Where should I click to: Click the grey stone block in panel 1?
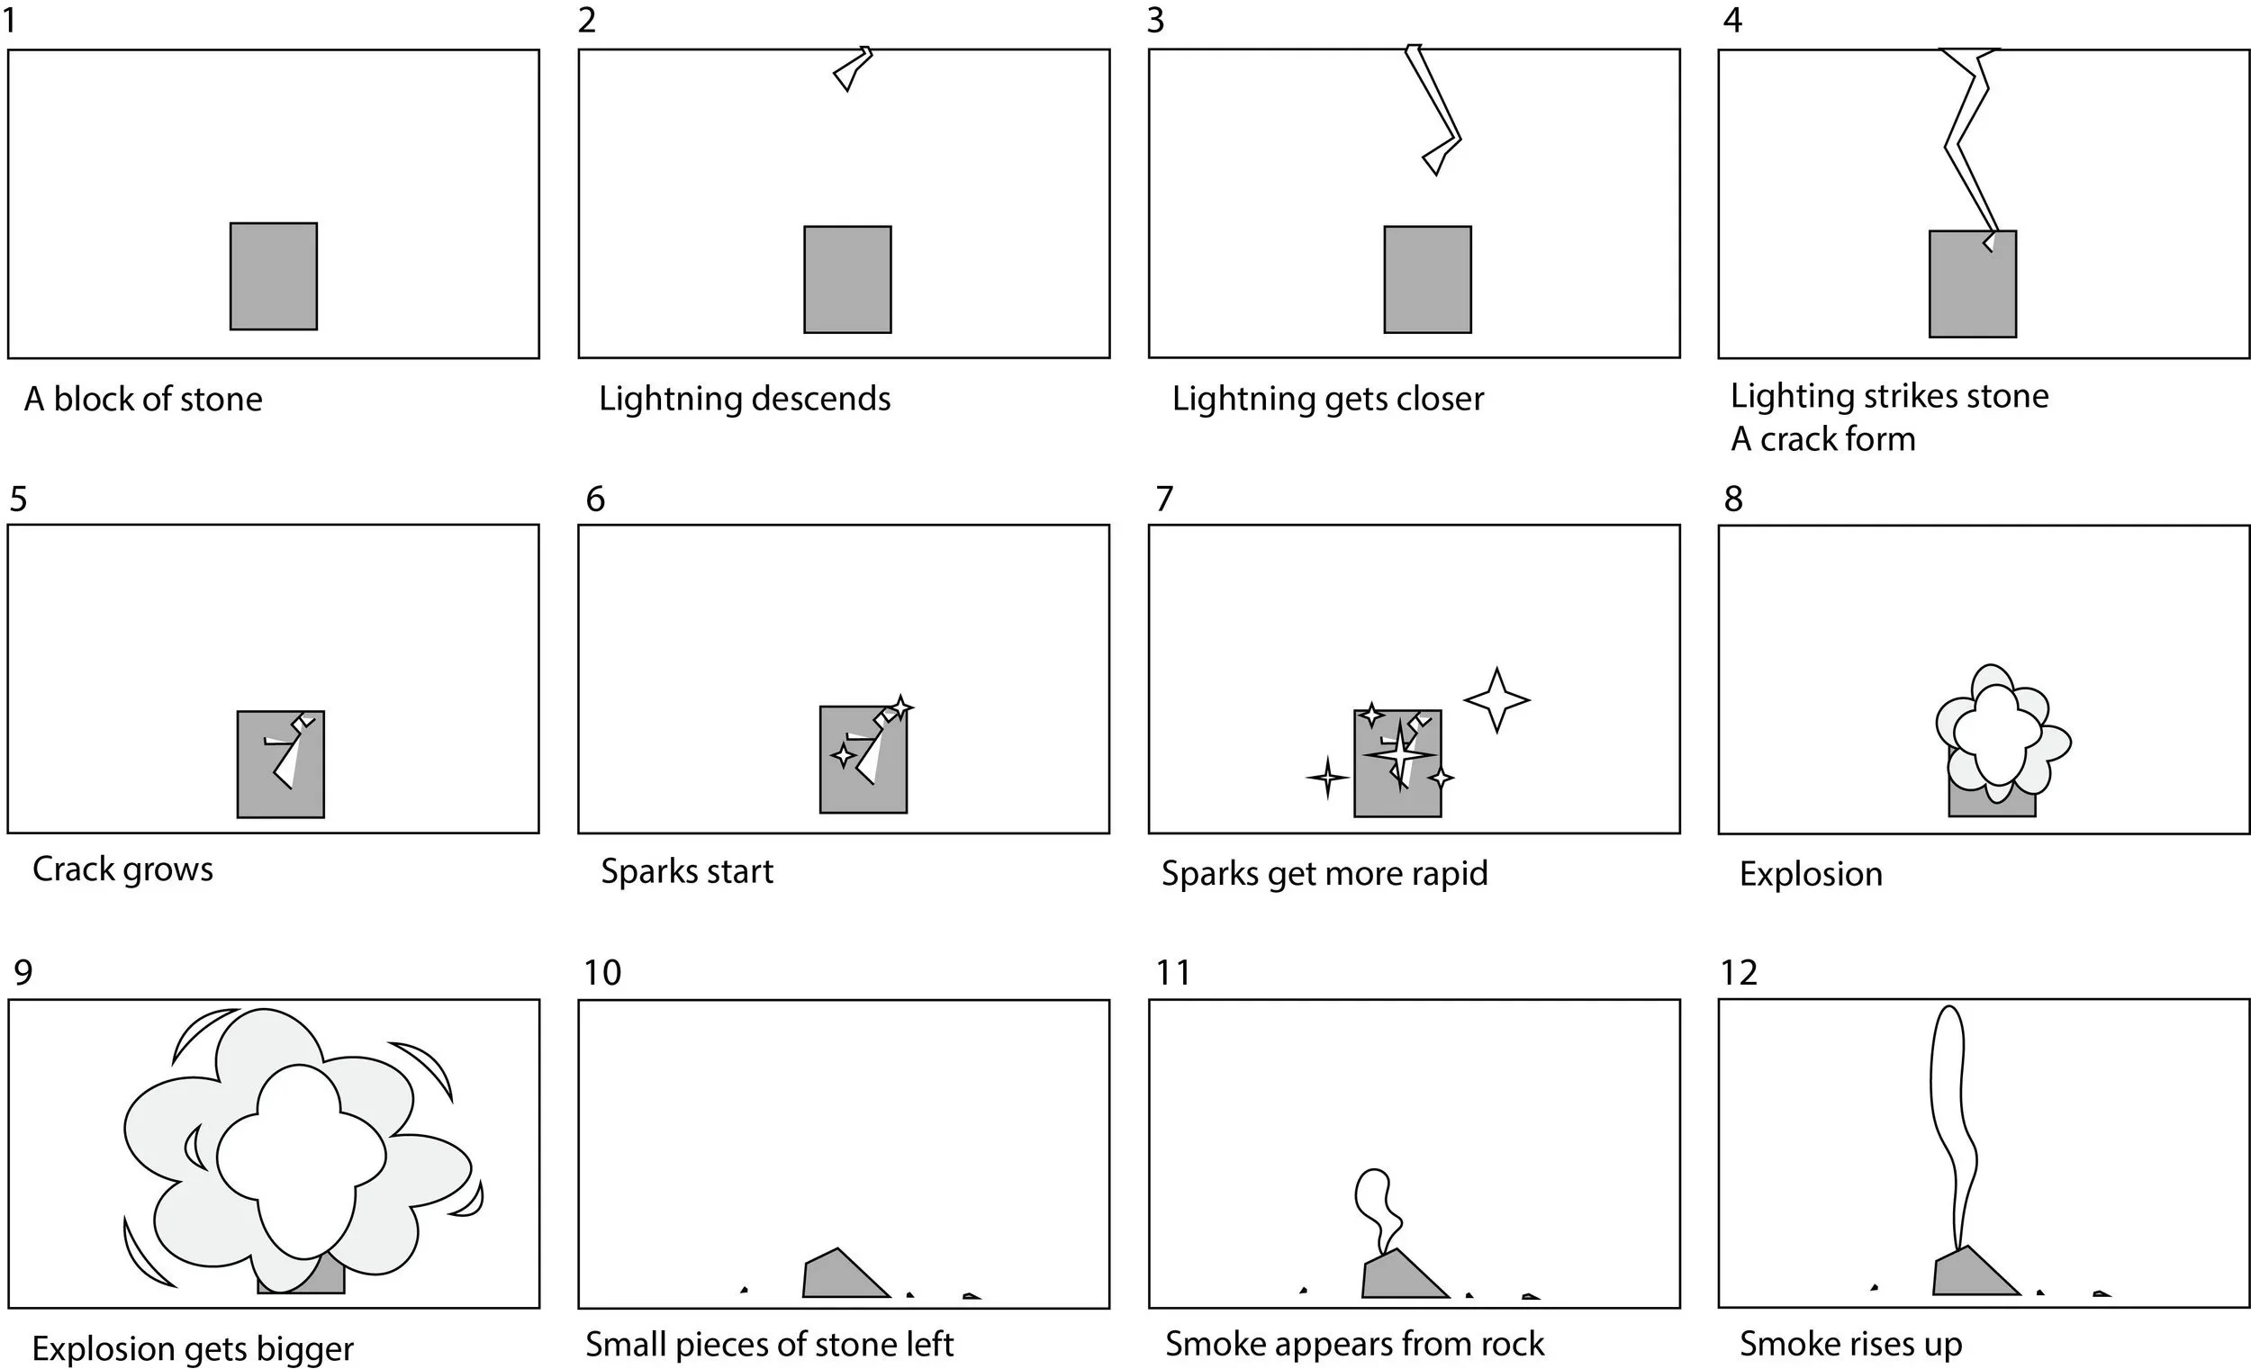click(273, 275)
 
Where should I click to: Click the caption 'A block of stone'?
click(143, 399)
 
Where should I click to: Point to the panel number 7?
click(1164, 499)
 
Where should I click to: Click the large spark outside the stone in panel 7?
click(1496, 699)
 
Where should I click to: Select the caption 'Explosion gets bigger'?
click(193, 1348)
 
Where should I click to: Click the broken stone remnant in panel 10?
click(838, 1274)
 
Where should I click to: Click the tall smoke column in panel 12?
click(1949, 1123)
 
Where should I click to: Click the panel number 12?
click(1738, 973)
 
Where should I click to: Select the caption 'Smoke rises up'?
click(1850, 1344)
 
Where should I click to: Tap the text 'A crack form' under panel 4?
click(1822, 439)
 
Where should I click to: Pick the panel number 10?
click(602, 973)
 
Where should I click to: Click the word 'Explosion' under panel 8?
click(1811, 874)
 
